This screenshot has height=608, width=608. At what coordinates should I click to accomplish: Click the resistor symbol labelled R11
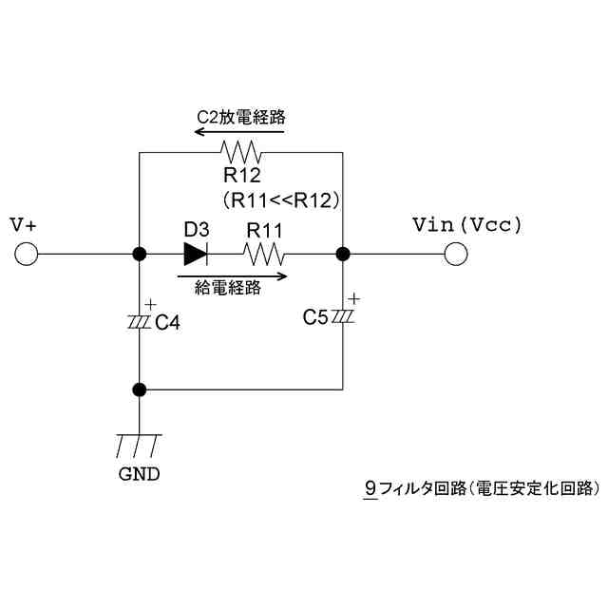click(263, 254)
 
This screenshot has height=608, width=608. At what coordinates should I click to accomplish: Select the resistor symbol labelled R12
click(239, 152)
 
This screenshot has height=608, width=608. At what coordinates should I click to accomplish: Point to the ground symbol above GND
click(140, 444)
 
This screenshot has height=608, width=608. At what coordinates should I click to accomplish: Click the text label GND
click(139, 473)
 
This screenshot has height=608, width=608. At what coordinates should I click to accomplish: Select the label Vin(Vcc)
click(467, 225)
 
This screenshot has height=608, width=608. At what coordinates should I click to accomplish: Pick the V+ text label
click(24, 225)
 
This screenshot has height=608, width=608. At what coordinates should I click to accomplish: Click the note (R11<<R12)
click(281, 200)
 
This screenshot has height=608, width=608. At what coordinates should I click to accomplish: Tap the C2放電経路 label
click(240, 118)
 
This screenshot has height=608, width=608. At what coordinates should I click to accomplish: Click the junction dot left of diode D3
click(140, 254)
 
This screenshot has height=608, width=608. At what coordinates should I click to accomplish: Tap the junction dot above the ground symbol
click(140, 389)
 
